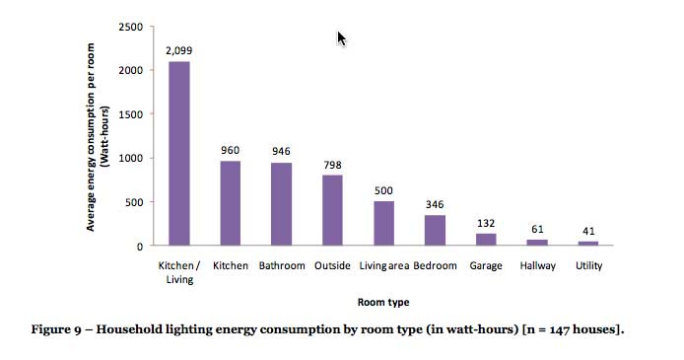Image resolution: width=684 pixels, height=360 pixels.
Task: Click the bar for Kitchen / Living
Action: tap(178, 153)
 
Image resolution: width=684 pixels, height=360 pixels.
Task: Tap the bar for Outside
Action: tap(332, 210)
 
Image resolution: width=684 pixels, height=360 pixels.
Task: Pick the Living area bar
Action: tap(383, 223)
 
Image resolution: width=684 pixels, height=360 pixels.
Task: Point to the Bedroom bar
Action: tap(435, 230)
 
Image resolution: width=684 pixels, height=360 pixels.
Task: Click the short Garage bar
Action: tap(486, 240)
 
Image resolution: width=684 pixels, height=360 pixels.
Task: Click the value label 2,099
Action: tap(178, 49)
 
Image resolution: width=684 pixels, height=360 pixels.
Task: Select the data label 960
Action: tap(230, 151)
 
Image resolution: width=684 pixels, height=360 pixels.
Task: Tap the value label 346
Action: tap(435, 205)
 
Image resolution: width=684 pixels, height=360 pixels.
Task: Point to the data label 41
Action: tap(588, 232)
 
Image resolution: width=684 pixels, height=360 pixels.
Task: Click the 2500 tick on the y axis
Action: tap(129, 26)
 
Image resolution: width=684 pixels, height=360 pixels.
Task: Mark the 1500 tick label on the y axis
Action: tap(129, 113)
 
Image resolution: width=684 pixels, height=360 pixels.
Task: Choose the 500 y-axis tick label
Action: tap(133, 202)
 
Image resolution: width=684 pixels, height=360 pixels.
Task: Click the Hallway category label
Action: tap(537, 266)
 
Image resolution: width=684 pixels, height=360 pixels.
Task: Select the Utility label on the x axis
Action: tap(588, 266)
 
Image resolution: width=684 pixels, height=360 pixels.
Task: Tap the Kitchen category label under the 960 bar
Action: tap(230, 266)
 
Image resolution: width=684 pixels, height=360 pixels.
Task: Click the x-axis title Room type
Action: tap(382, 303)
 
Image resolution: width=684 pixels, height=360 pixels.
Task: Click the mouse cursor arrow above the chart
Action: tap(341, 37)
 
